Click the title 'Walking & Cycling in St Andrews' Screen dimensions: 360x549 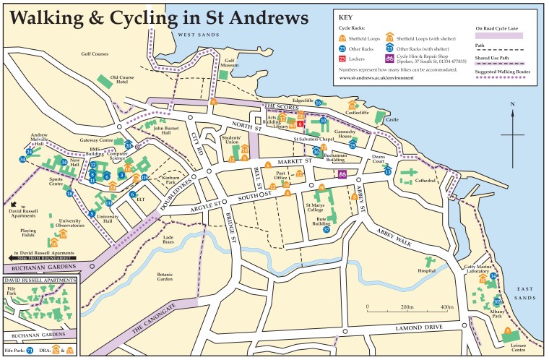[157, 16]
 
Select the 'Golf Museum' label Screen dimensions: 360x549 [230, 64]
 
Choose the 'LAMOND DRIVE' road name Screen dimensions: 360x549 [420, 329]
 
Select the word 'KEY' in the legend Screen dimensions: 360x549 [347, 17]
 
